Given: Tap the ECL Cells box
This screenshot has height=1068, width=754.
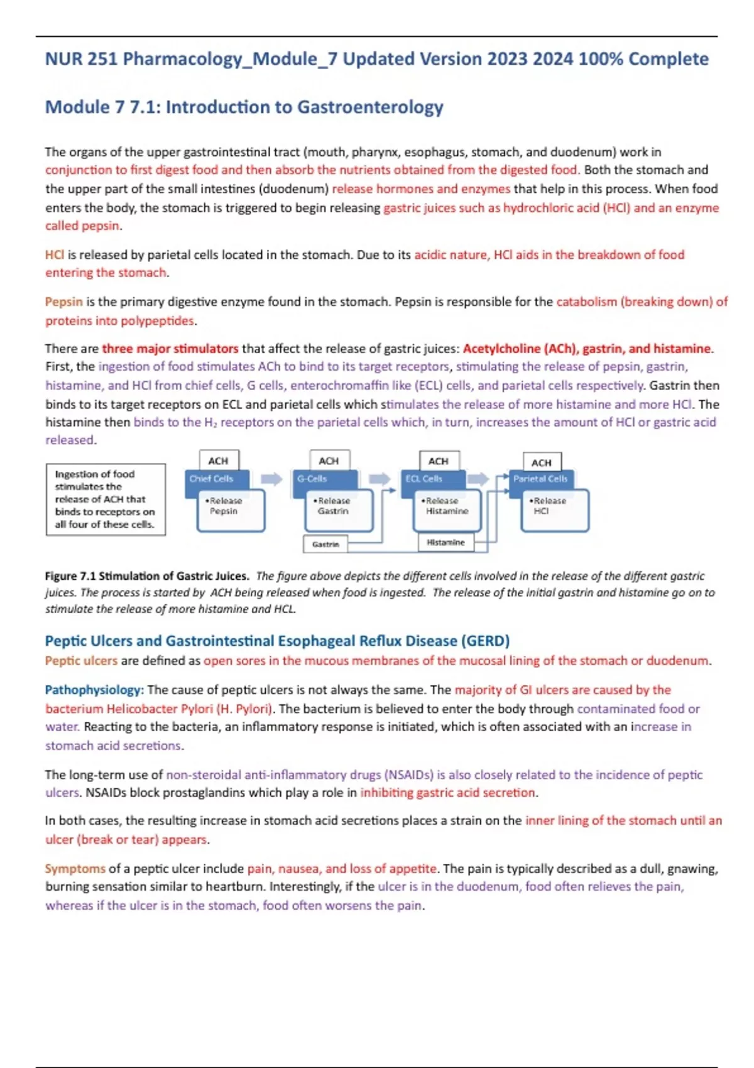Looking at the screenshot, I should tap(432, 479).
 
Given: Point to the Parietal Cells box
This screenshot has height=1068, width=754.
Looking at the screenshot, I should tap(540, 479).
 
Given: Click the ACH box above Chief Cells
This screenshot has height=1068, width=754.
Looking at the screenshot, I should tap(218, 460).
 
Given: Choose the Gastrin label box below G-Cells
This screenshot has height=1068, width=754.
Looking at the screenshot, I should tap(325, 544).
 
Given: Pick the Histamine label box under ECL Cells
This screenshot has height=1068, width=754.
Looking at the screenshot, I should tap(445, 542).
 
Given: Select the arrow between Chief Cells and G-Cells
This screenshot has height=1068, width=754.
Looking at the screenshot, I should tap(271, 479).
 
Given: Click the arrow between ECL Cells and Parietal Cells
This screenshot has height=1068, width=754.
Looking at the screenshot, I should tap(478, 479).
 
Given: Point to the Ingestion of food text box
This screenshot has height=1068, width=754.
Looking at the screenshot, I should tap(106, 499).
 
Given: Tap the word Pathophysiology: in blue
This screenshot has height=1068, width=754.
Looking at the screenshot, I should tap(94, 690).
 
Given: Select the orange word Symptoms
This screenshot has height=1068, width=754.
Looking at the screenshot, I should tap(75, 869).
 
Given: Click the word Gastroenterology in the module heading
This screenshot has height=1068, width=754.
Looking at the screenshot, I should tap(370, 107).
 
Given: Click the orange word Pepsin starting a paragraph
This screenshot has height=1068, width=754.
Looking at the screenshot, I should tap(63, 302).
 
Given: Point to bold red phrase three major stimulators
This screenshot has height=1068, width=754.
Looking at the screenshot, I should tap(170, 349).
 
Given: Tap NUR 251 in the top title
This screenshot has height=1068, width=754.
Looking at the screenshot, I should tap(81, 60).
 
